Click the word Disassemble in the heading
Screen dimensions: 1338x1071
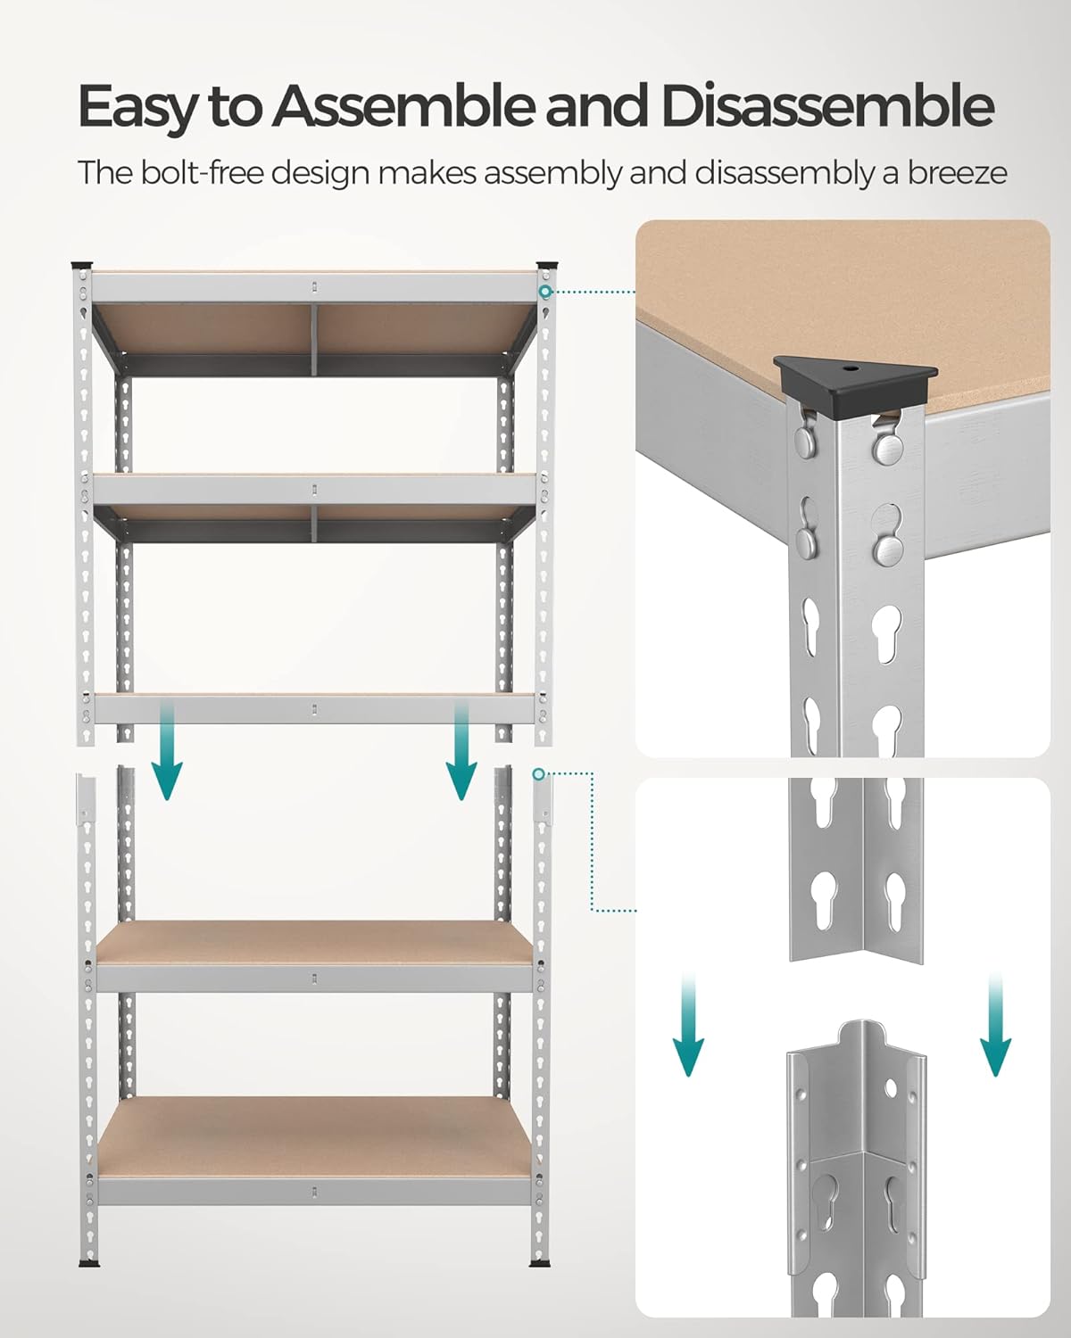[826, 107]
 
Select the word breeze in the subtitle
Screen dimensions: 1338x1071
[957, 173]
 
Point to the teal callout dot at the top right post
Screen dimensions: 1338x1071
[544, 292]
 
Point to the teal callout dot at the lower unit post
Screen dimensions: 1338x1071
[538, 773]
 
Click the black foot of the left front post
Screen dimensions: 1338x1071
[87, 1263]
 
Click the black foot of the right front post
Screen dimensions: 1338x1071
[541, 1263]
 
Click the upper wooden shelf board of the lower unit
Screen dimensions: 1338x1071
[312, 941]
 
